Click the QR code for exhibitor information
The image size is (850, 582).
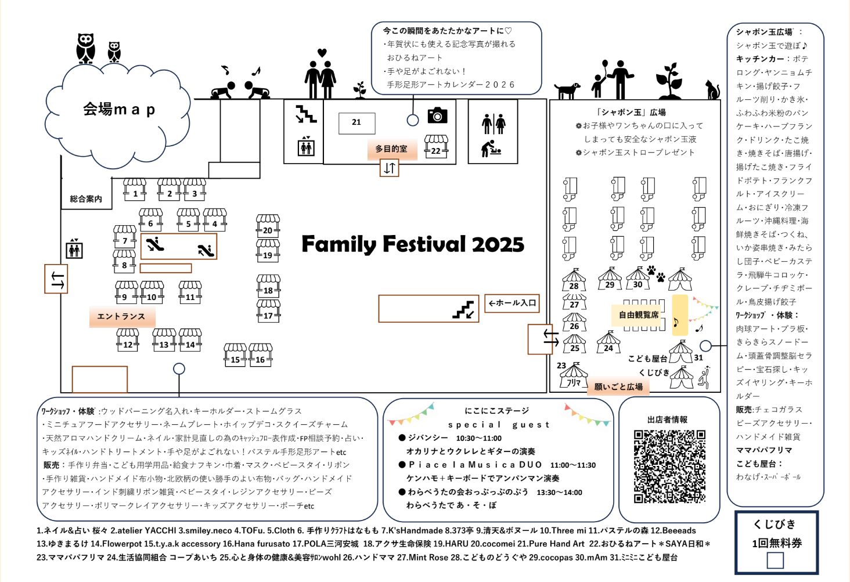click(x=669, y=466)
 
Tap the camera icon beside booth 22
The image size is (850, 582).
click(x=437, y=115)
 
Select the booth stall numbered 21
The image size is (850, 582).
click(x=356, y=122)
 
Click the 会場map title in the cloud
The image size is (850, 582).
click(x=119, y=109)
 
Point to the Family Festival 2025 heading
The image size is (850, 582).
click(x=412, y=244)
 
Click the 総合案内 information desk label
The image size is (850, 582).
click(x=86, y=199)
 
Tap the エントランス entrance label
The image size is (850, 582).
click(x=121, y=316)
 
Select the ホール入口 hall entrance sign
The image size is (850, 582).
click(x=512, y=303)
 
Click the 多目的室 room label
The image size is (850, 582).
click(x=391, y=149)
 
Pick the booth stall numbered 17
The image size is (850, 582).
click(x=268, y=311)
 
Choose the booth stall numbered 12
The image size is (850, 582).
click(x=128, y=339)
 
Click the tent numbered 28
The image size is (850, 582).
click(x=574, y=280)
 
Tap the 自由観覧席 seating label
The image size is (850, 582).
click(x=639, y=315)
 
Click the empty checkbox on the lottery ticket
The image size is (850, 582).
click(x=775, y=560)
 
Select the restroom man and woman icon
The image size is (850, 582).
click(x=494, y=124)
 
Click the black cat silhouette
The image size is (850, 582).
click(x=712, y=89)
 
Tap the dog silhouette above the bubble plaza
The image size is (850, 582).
click(x=567, y=90)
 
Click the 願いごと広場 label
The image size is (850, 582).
click(x=618, y=386)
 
